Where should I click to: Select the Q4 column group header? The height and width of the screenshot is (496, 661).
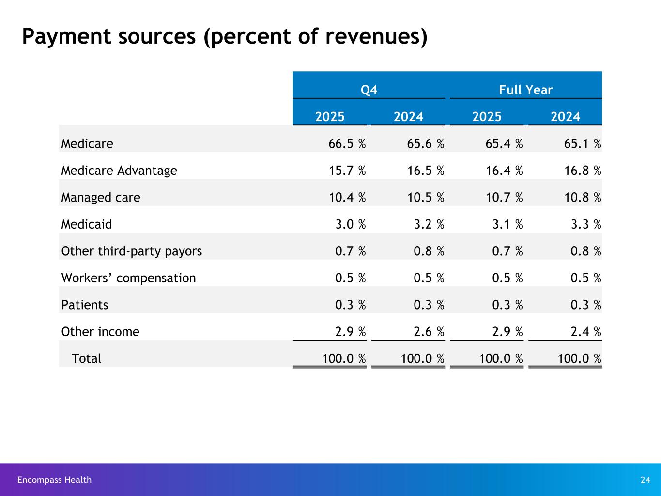tap(369, 90)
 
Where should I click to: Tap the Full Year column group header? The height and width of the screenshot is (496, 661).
tap(525, 90)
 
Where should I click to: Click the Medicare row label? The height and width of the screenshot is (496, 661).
tap(87, 144)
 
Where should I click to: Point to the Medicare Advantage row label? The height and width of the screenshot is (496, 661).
tap(119, 170)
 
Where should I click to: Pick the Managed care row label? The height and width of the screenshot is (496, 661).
tap(101, 198)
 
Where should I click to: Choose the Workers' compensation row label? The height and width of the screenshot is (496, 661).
tap(128, 278)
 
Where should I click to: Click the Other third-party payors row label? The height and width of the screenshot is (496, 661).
tap(131, 251)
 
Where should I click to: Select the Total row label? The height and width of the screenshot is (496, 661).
tap(86, 359)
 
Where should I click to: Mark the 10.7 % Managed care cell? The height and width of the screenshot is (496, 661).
tap(501, 198)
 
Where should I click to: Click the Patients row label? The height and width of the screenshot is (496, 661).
tap(85, 305)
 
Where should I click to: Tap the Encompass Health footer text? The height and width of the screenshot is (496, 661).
tap(54, 480)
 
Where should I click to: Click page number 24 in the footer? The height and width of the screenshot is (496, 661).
tap(645, 480)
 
